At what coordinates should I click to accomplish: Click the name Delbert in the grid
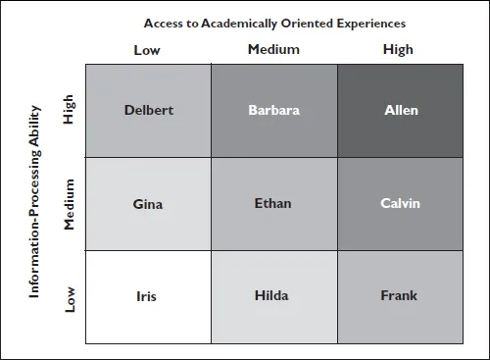click(x=149, y=110)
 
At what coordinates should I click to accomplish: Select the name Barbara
click(x=273, y=110)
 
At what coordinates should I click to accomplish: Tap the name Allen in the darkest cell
click(x=401, y=110)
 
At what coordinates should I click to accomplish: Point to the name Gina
click(x=148, y=204)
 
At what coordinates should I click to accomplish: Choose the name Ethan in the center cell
click(x=272, y=204)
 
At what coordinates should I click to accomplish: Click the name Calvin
click(x=400, y=204)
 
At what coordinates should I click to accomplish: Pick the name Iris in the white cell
click(x=148, y=295)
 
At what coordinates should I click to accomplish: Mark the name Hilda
click(x=271, y=295)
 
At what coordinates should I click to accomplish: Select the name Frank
click(x=400, y=295)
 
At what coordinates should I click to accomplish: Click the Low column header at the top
click(x=147, y=49)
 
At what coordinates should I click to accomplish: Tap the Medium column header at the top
click(x=273, y=49)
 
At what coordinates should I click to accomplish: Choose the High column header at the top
click(x=399, y=49)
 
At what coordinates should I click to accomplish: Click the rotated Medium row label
click(x=69, y=205)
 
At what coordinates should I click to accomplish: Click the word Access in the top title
click(x=164, y=23)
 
